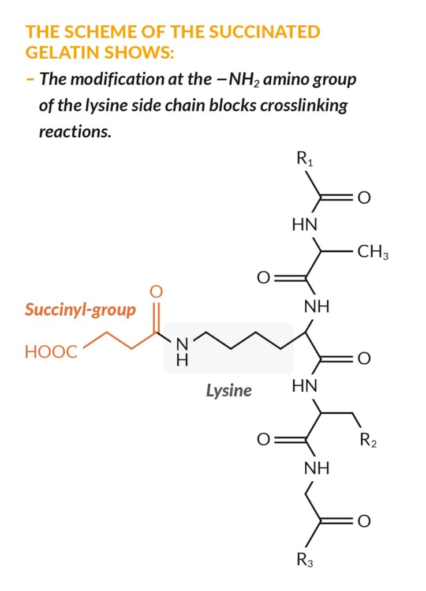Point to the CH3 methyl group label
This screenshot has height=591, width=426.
tap(373, 253)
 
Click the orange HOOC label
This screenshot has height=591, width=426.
tap(51, 352)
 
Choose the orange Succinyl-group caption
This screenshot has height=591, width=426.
tap(80, 310)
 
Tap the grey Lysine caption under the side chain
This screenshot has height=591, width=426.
tap(229, 391)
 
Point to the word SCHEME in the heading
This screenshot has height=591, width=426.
tap(95, 31)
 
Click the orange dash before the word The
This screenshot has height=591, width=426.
tap(30, 78)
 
